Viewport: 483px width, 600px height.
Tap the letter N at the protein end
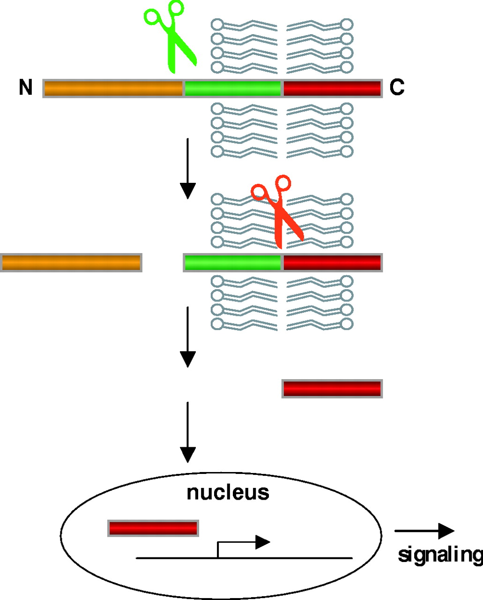click(26, 88)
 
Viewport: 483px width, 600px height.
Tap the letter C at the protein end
click(397, 88)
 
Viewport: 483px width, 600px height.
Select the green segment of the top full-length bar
click(232, 88)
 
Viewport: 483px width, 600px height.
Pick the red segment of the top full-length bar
click(332, 88)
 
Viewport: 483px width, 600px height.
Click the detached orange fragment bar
click(71, 262)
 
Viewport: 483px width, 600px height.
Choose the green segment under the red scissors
click(232, 262)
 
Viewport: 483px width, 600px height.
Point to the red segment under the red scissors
click(332, 262)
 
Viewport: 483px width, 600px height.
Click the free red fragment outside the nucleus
click(332, 389)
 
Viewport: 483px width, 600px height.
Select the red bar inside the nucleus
click(153, 528)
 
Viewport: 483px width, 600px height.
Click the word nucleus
click(228, 493)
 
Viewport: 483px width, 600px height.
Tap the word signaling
click(439, 555)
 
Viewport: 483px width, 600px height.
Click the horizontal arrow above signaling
click(424, 531)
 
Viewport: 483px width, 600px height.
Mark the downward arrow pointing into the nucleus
click(187, 431)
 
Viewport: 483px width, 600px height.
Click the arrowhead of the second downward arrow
click(187, 360)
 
